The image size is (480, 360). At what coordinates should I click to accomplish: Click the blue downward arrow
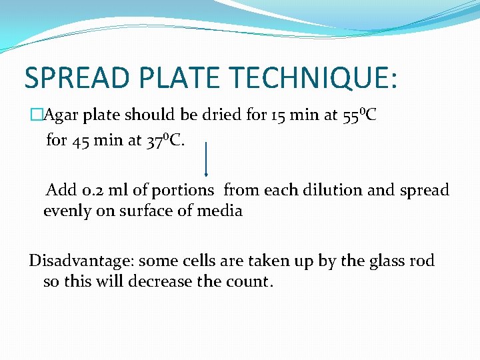tap(206, 160)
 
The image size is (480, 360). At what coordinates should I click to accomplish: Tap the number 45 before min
tap(79, 141)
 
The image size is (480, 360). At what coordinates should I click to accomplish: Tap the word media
tap(225, 211)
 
